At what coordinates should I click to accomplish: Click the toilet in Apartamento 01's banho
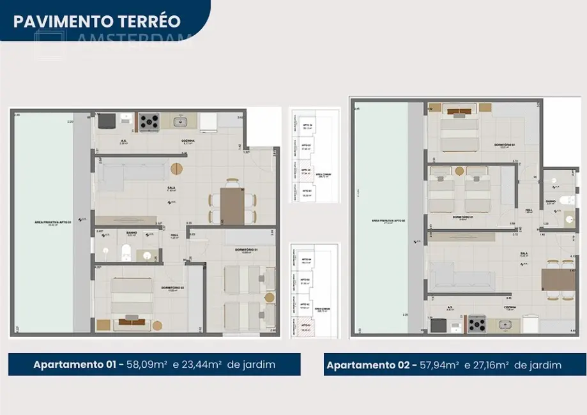click(127, 252)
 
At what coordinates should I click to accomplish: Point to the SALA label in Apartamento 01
click(171, 188)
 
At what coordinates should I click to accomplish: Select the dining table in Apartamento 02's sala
click(554, 280)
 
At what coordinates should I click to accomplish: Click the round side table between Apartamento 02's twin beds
click(460, 171)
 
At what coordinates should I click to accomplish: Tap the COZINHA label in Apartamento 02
click(510, 307)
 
